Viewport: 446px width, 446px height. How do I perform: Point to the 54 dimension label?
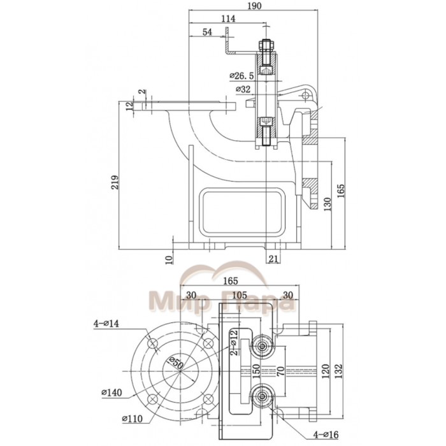tap(207, 32)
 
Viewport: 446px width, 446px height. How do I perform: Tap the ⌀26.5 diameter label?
tap(242, 76)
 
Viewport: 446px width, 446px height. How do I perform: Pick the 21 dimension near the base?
tap(273, 257)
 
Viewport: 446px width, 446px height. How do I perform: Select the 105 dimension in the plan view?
tap(240, 295)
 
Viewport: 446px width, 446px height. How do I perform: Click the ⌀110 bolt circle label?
tap(133, 419)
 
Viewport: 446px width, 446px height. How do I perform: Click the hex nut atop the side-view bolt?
tap(267, 46)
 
